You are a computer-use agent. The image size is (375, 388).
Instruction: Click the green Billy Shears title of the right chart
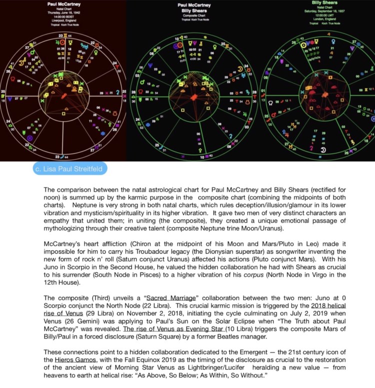323,3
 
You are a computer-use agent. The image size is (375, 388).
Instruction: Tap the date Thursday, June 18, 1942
64,13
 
